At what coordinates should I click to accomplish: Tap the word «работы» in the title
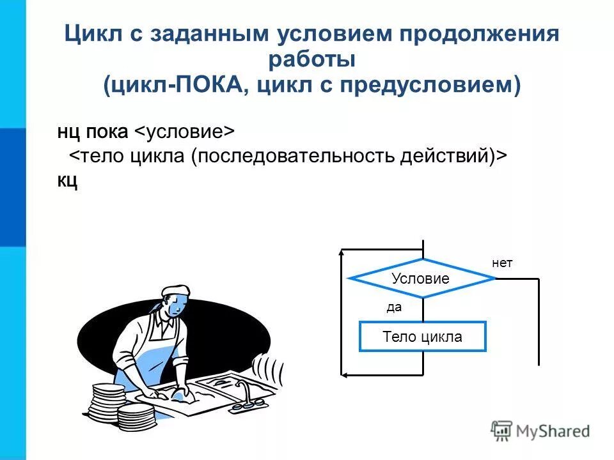(x=311, y=60)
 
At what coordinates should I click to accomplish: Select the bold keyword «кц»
(x=67, y=181)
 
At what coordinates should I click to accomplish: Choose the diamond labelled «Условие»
(x=421, y=279)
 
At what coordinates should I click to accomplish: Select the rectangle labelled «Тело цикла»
(x=423, y=337)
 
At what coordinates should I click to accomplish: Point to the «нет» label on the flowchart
(x=502, y=263)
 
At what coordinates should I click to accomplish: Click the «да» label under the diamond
(x=394, y=307)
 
